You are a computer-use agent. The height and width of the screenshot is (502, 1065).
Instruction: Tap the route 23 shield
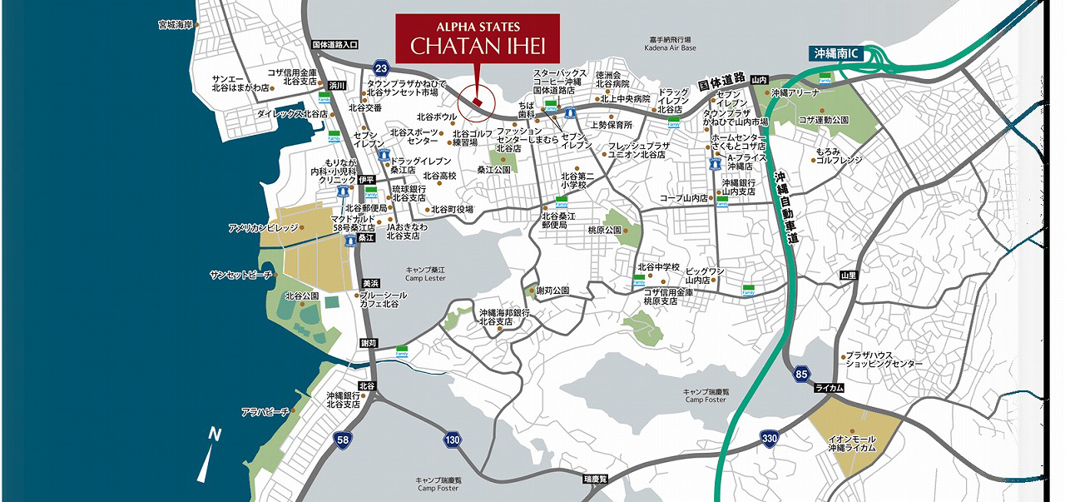tap(380, 68)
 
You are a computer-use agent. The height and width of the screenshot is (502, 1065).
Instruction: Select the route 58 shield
tap(342, 439)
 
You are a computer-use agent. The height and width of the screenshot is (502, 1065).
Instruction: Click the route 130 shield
tap(452, 440)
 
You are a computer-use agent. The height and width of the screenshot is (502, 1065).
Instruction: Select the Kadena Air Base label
tap(668, 44)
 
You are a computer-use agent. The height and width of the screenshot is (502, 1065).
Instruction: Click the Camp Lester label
tap(426, 274)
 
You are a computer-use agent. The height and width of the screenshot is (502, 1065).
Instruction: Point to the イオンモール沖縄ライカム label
tap(851, 443)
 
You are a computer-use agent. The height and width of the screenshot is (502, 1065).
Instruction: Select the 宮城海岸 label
tap(175, 25)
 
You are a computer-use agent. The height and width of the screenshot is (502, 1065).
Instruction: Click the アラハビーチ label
tap(265, 411)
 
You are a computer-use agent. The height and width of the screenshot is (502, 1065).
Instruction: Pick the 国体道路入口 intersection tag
tap(334, 44)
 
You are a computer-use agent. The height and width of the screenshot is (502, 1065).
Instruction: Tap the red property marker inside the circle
tap(476, 102)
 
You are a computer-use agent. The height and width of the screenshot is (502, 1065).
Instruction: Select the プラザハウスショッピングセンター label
tap(884, 359)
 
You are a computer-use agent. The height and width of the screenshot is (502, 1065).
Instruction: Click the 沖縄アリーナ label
tap(795, 93)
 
